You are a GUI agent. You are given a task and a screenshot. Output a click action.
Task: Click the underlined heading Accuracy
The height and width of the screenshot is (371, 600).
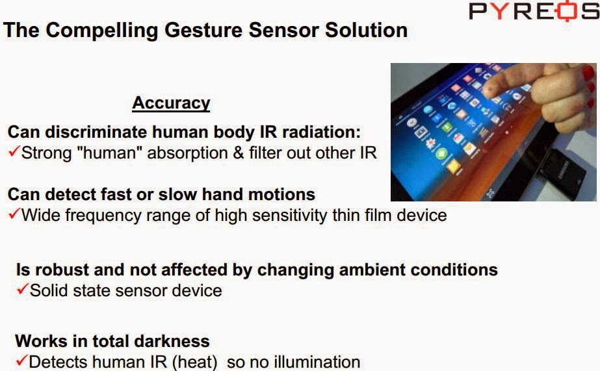(x=171, y=103)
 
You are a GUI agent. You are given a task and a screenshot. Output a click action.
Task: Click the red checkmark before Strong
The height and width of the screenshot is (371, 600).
(x=14, y=153)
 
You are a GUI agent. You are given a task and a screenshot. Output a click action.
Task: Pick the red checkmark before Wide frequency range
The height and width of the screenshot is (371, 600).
(x=14, y=214)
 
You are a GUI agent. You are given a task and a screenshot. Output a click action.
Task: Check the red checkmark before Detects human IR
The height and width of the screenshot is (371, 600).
(x=22, y=361)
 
